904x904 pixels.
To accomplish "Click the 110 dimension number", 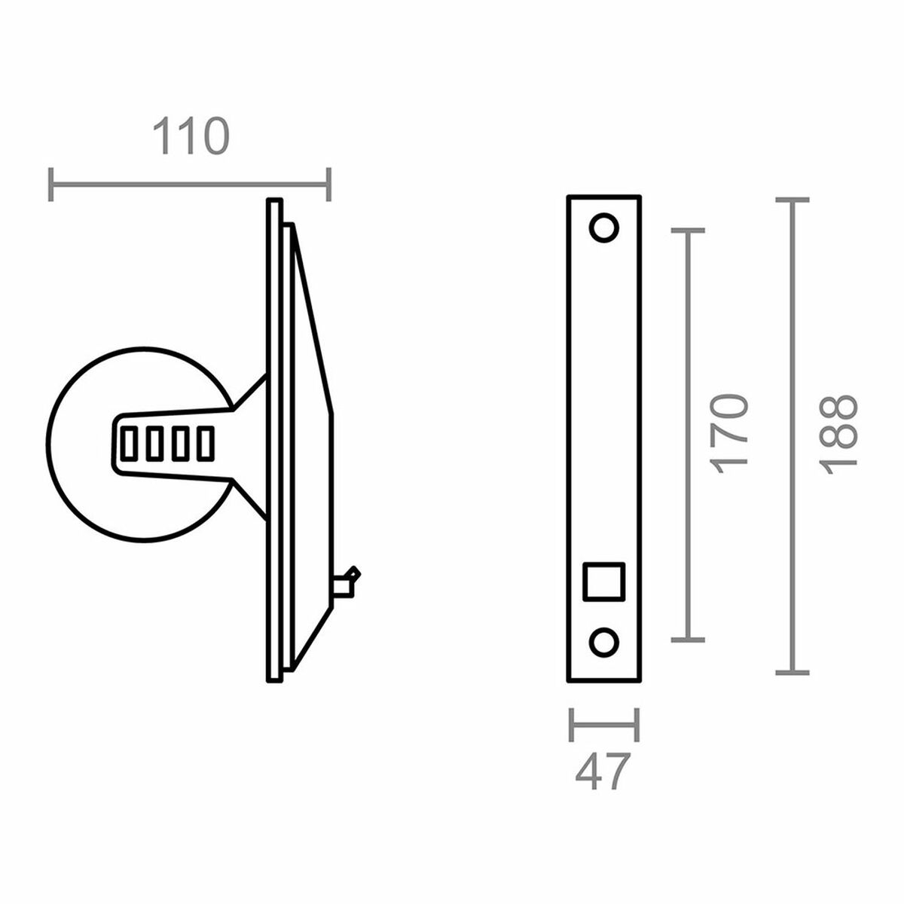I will point(190,137).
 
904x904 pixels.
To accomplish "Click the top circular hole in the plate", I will point(603,228).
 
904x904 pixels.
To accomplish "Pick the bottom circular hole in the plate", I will point(603,642).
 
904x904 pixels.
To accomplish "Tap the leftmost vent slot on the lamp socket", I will point(129,443).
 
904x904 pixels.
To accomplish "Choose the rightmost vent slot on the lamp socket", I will point(204,443).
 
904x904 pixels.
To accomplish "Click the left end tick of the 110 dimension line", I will point(50,184).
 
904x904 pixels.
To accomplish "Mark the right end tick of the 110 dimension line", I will point(328,184).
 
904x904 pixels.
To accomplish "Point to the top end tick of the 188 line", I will point(791,200).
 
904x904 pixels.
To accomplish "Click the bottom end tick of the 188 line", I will point(791,671).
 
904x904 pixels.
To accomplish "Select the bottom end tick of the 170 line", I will point(686,640).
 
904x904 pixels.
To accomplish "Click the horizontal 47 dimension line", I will point(604,725).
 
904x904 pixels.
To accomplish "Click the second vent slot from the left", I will point(154,443).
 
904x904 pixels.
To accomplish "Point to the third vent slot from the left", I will point(179,443).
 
